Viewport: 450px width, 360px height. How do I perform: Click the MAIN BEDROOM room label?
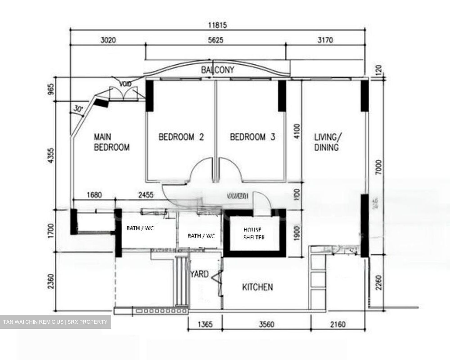point(112,142)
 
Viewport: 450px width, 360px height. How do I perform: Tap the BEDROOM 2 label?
point(181,137)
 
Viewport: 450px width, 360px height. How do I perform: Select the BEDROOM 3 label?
point(252,137)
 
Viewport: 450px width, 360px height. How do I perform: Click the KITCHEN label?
point(257,287)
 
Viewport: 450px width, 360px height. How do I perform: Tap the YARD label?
point(200,274)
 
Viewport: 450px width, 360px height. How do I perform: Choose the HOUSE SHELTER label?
point(254,233)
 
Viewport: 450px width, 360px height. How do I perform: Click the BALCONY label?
point(217,70)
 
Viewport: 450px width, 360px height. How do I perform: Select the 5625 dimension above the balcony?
point(216,40)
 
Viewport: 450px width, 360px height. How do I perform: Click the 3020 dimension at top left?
point(108,40)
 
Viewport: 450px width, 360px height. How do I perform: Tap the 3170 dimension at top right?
point(325,40)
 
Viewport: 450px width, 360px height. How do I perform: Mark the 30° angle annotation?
point(78,109)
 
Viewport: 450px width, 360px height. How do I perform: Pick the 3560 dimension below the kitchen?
point(267,324)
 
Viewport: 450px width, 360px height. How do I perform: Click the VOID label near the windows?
point(126,83)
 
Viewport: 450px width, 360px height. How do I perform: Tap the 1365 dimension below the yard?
point(205,324)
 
